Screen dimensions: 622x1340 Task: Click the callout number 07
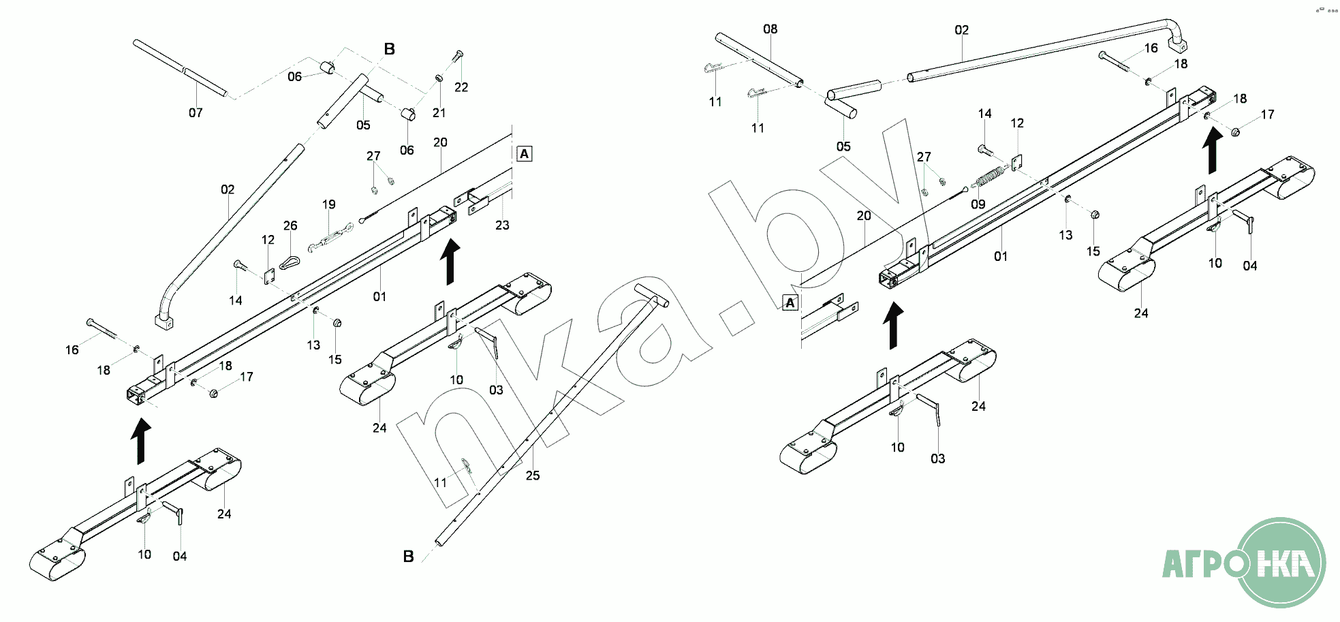click(x=196, y=113)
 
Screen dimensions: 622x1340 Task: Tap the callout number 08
click(x=770, y=29)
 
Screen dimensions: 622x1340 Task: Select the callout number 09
click(x=978, y=204)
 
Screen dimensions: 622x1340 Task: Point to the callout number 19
click(x=329, y=204)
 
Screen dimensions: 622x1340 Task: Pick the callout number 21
click(x=439, y=113)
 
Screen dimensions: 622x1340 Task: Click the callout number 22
click(x=461, y=87)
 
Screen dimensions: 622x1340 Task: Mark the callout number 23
click(x=502, y=226)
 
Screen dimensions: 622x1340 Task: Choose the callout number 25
click(x=532, y=476)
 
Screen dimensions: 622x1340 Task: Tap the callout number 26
click(x=290, y=226)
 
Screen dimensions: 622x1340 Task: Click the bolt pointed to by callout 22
click(x=458, y=55)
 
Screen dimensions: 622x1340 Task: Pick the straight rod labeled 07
click(x=180, y=68)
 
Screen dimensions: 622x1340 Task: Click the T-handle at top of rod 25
click(x=651, y=295)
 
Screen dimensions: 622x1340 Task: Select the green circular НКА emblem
click(x=1281, y=563)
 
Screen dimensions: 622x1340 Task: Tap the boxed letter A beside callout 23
click(x=524, y=154)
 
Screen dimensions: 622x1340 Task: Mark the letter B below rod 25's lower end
click(x=408, y=557)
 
